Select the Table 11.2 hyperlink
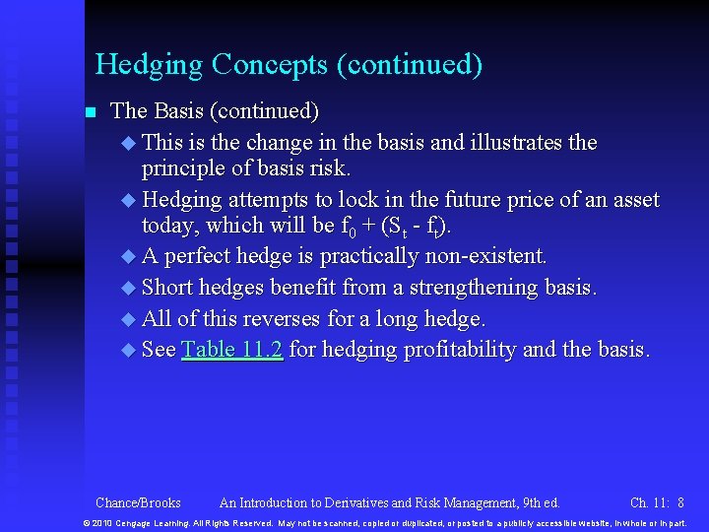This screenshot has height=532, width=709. pos(232,350)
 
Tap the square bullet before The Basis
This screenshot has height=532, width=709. pos(91,112)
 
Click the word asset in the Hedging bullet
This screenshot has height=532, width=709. pos(635,200)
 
